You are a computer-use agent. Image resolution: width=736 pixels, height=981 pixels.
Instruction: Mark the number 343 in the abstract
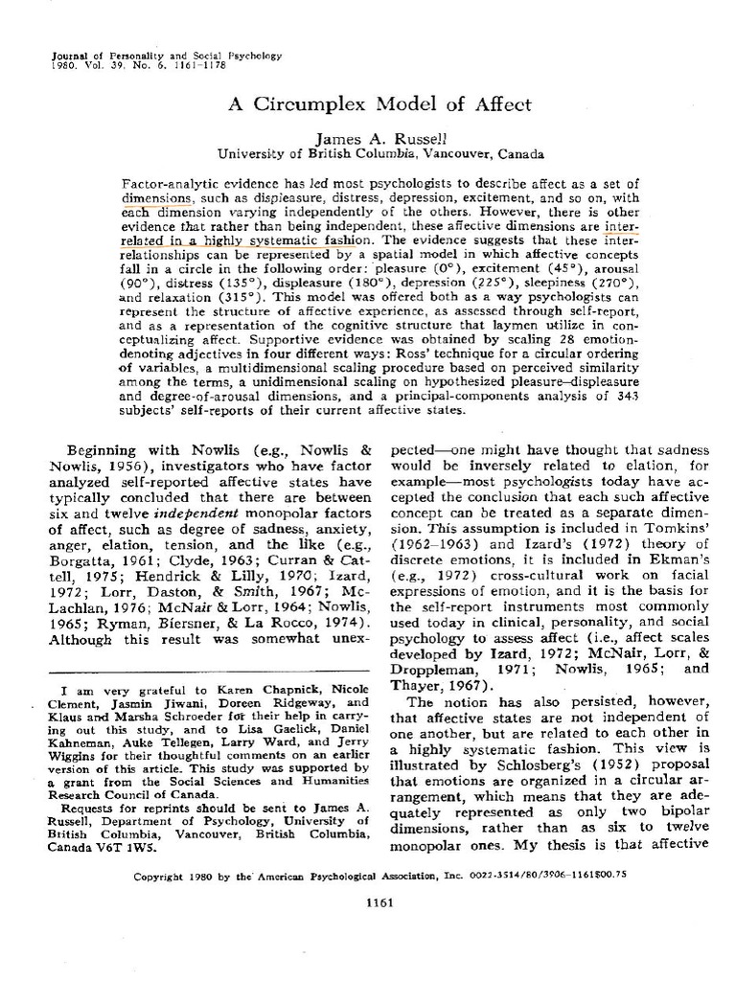tap(625, 395)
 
